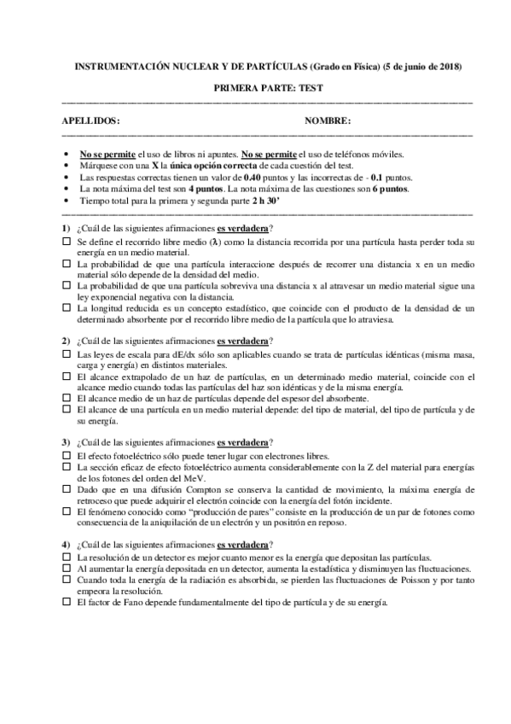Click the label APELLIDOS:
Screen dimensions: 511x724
pyautogui.click(x=91, y=121)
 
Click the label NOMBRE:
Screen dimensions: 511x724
pyautogui.click(x=328, y=121)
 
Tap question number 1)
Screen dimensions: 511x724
pyautogui.click(x=67, y=229)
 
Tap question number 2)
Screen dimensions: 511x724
pyautogui.click(x=67, y=341)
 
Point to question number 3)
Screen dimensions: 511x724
pyautogui.click(x=67, y=441)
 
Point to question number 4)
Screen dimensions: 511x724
pyautogui.click(x=67, y=543)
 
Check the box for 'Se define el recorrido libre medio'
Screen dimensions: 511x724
pyautogui.click(x=67, y=242)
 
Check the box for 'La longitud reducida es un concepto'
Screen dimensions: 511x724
pyautogui.click(x=67, y=305)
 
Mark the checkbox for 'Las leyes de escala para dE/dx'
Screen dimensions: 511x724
pyautogui.click(x=67, y=353)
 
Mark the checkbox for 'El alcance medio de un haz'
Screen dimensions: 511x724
pyautogui.click(x=67, y=398)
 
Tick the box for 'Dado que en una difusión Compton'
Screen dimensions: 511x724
pyautogui.click(x=67, y=488)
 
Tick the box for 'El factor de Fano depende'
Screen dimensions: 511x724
pyautogui.click(x=67, y=601)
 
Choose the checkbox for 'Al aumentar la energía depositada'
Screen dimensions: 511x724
pyautogui.click(x=67, y=567)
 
